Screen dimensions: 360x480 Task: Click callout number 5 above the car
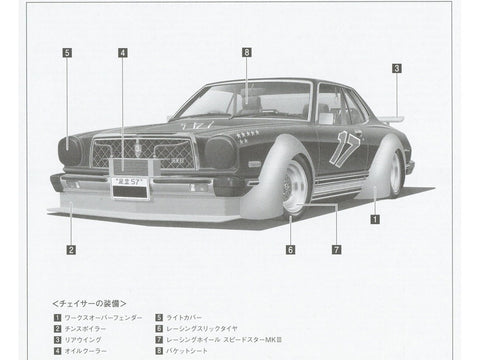[x=67, y=52]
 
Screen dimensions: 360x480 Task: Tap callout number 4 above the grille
[x=122, y=52]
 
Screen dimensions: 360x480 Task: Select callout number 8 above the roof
[x=246, y=52]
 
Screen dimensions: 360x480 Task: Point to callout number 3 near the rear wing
[x=396, y=68]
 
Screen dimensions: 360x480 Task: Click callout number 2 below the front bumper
[x=71, y=249]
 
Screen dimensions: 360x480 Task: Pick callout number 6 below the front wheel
[x=290, y=249]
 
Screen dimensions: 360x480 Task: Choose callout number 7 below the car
[x=337, y=249]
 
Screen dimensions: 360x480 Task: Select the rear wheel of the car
[x=395, y=173]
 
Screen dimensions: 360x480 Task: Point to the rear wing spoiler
[x=392, y=118]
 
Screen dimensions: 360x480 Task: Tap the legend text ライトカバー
[x=191, y=316]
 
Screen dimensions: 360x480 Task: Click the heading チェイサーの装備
[x=89, y=301]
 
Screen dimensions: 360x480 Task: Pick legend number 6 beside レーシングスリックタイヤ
[x=159, y=328]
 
